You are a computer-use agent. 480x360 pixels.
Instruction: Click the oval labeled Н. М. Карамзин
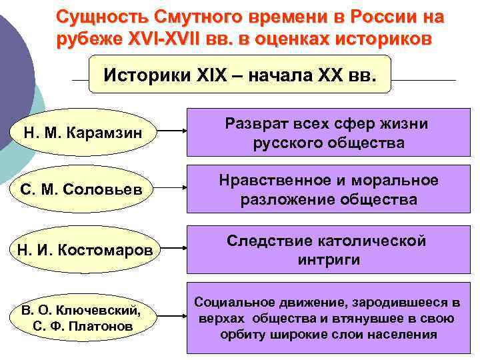coord(83,132)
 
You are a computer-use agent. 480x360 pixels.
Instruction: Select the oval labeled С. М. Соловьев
coord(83,191)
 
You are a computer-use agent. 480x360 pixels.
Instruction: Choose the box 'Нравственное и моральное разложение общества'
coord(327,190)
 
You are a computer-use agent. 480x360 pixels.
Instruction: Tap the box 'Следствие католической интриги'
coord(327,250)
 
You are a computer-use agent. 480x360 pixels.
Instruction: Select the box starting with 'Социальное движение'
coord(327,318)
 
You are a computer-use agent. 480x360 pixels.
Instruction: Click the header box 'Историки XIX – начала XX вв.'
coord(239,75)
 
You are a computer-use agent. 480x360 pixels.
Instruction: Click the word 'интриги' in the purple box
coord(327,259)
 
